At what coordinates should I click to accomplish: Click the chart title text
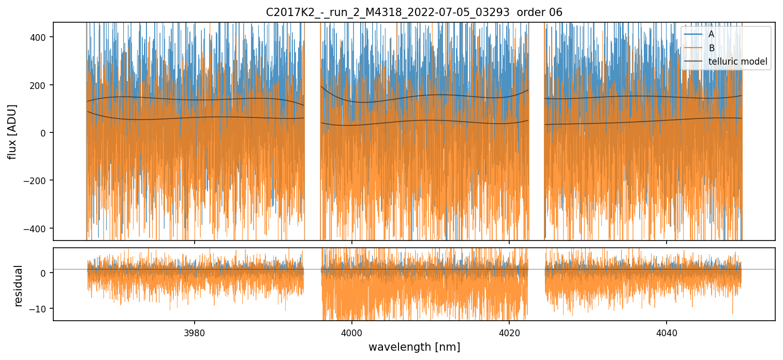coord(413,12)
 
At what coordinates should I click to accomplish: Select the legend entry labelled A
coord(711,34)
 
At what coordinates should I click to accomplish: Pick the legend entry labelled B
coord(711,48)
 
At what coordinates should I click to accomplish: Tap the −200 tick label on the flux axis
coord(40,181)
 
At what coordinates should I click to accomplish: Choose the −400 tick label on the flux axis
coord(40,228)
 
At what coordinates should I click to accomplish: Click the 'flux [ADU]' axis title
coord(12,131)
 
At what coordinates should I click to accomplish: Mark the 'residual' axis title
coord(19,286)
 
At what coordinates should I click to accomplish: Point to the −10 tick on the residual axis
coord(42,309)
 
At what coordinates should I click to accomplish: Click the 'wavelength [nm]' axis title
coord(414,347)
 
